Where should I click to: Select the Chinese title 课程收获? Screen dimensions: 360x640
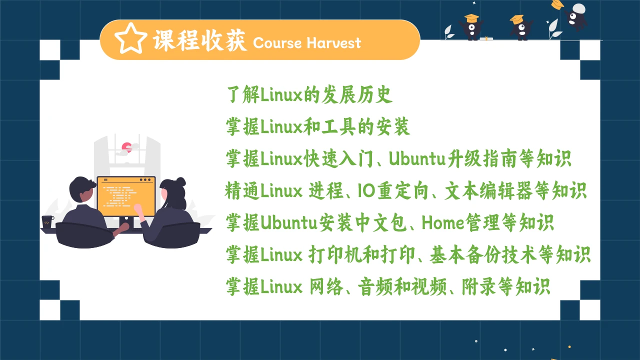[200, 40]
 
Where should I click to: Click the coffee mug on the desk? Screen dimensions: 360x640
[47, 221]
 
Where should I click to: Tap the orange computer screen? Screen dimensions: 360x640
[126, 192]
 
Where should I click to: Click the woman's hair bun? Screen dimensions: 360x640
[180, 182]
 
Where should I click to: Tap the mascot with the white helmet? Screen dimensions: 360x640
[577, 15]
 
